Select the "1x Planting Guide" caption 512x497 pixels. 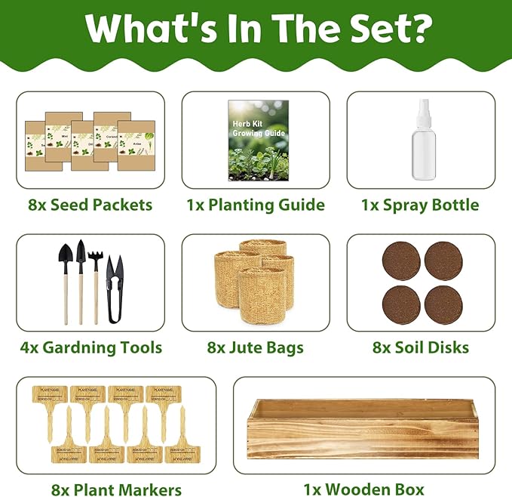click(256, 205)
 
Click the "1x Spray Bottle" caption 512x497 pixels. click(419, 205)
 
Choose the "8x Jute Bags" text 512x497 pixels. click(255, 347)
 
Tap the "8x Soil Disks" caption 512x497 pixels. click(420, 347)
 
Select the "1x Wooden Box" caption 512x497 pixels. click(363, 489)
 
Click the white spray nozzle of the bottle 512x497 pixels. click(421, 113)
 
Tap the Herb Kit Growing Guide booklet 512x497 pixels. click(256, 141)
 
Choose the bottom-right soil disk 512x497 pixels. click(443, 305)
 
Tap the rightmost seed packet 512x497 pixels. click(136, 146)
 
